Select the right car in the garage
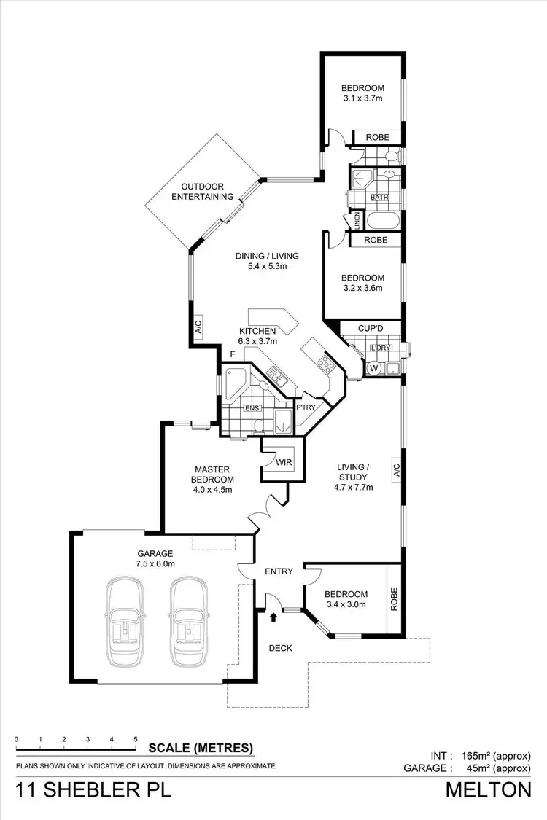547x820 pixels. (190, 622)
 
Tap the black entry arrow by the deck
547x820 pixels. (273, 617)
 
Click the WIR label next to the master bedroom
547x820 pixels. (284, 462)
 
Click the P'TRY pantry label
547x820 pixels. (304, 407)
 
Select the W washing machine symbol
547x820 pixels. (374, 367)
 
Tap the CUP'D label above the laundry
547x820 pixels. (371, 329)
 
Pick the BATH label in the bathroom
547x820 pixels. (379, 198)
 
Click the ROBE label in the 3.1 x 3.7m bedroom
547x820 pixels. (377, 137)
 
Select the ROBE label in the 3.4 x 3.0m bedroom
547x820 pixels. (394, 598)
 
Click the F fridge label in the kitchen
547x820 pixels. (232, 355)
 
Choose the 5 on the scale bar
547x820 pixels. (136, 741)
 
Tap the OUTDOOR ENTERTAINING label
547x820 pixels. (203, 191)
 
